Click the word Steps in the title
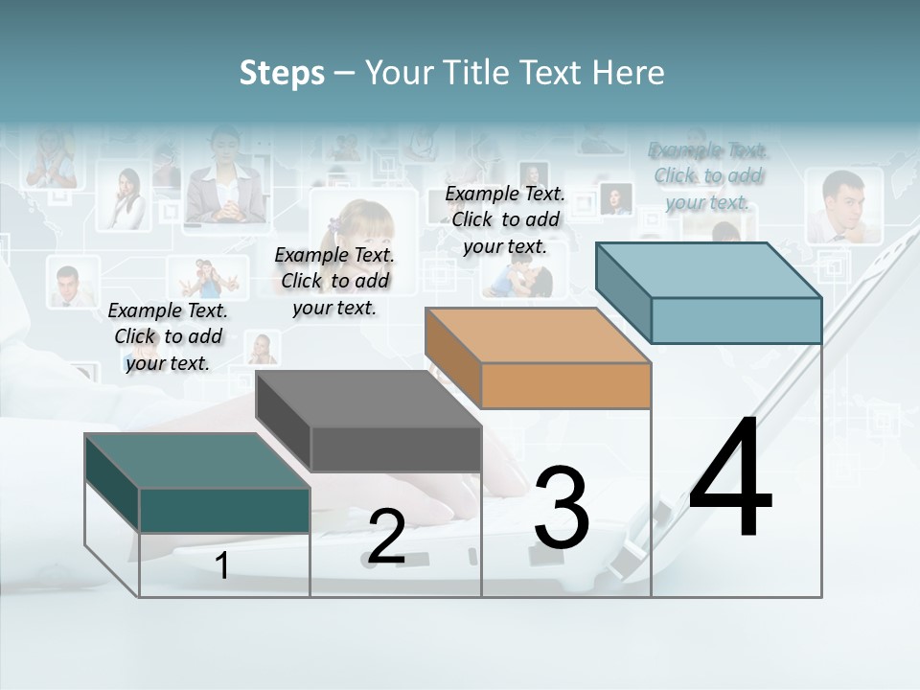pyautogui.click(x=282, y=73)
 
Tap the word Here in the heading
pyautogui.click(x=629, y=73)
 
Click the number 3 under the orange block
pyautogui.click(x=562, y=508)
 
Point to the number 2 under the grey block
pyautogui.click(x=386, y=538)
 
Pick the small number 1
pyautogui.click(x=222, y=565)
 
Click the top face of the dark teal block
pyautogui.click(x=196, y=461)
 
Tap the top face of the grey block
pyautogui.click(x=368, y=399)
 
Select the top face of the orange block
pyautogui.click(x=538, y=336)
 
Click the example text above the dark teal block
pyautogui.click(x=168, y=336)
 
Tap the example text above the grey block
pyautogui.click(x=334, y=281)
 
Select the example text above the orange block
pyautogui.click(x=505, y=219)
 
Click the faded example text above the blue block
pyautogui.click(x=708, y=175)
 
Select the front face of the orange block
pyautogui.click(x=565, y=386)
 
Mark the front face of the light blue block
pyautogui.click(x=736, y=320)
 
